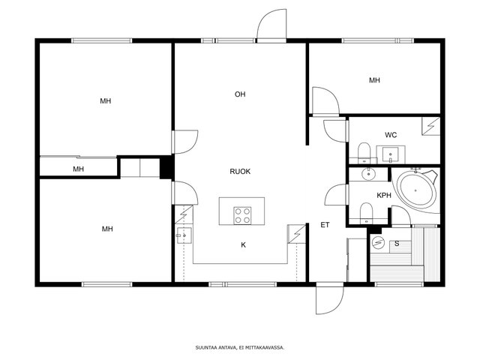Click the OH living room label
240,94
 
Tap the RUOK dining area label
240,172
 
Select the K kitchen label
243,245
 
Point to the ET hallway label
325,225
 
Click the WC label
391,135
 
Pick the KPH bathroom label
384,195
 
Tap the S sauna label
397,244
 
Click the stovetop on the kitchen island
242,215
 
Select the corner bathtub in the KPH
416,190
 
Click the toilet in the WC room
364,153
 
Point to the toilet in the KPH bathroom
366,213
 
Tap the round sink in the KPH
368,174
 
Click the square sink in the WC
390,154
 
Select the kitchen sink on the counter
184,235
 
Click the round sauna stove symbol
378,243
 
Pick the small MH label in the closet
78,169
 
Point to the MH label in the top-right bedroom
374,80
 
